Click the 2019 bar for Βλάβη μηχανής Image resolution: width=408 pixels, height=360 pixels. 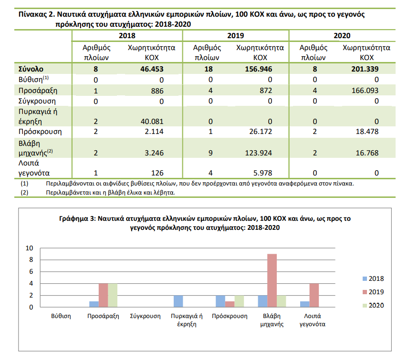[x=272, y=280]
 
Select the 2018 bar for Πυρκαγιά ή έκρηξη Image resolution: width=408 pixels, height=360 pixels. [x=178, y=301]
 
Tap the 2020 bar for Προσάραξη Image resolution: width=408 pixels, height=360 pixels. [x=113, y=295]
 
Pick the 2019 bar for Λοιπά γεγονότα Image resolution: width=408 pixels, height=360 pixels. [x=314, y=295]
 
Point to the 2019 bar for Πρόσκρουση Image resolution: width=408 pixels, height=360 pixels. [x=230, y=304]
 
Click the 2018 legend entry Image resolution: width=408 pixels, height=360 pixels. [x=373, y=278]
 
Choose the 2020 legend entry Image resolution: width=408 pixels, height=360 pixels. [x=373, y=306]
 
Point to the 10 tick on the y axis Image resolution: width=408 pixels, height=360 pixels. [x=30, y=248]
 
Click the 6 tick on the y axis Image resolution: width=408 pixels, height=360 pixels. [x=31, y=272]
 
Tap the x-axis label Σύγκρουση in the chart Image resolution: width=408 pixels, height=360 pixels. [x=145, y=316]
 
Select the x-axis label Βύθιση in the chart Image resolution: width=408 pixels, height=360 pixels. [x=61, y=316]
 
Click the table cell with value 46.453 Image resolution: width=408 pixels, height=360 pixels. [x=152, y=69]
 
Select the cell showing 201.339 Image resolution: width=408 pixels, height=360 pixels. [x=365, y=69]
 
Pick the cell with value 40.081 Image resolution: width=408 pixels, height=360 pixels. [x=152, y=122]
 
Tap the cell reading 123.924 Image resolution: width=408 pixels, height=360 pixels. [x=258, y=153]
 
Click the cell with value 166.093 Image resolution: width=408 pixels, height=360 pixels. [x=365, y=91]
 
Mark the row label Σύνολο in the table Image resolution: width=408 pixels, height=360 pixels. [x=31, y=69]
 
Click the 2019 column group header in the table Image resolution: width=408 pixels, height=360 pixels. [x=235, y=36]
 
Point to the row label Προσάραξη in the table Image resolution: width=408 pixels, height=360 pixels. [x=38, y=91]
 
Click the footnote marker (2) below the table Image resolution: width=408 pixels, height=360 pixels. [x=24, y=193]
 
